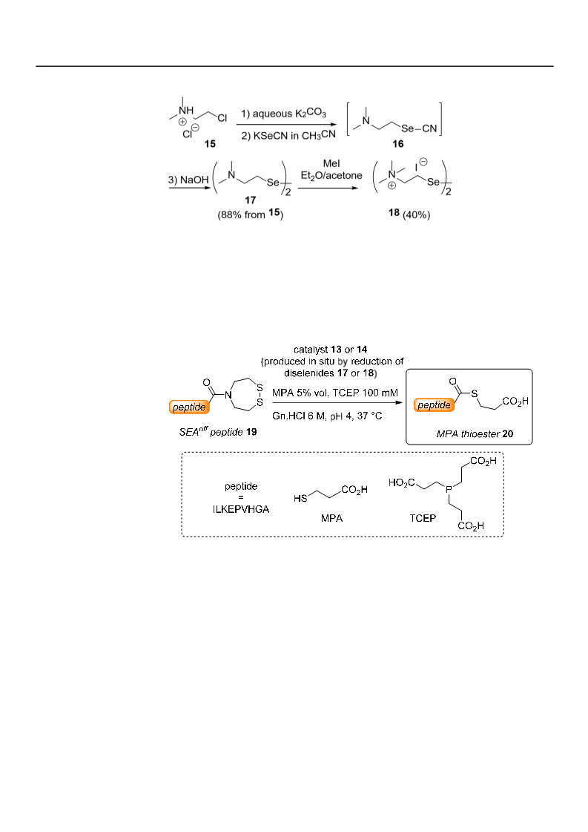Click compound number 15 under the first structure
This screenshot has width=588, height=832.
coord(210,144)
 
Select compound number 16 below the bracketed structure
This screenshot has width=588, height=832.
coord(398,144)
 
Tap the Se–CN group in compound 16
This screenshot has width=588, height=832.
coord(419,128)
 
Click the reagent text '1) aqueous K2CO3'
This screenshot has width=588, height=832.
coord(284,114)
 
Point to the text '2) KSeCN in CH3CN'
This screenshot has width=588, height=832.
coord(288,135)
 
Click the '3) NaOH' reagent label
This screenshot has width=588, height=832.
coord(188,180)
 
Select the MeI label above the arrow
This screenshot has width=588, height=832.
coord(331,163)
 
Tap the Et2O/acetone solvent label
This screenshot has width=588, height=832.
coord(331,176)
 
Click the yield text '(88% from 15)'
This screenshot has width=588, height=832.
coord(251,215)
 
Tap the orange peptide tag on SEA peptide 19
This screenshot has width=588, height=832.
coord(189,407)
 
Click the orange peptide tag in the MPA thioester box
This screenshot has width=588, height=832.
coord(435,404)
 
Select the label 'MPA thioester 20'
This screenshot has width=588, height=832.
coord(475,434)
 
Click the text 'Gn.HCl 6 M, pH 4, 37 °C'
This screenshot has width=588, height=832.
coord(327,416)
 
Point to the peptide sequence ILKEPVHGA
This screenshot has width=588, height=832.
coord(241,509)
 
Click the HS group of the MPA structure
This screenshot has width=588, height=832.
coord(300,498)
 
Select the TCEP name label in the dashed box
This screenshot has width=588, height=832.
coord(423,518)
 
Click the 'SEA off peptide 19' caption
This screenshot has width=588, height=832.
coord(218,431)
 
